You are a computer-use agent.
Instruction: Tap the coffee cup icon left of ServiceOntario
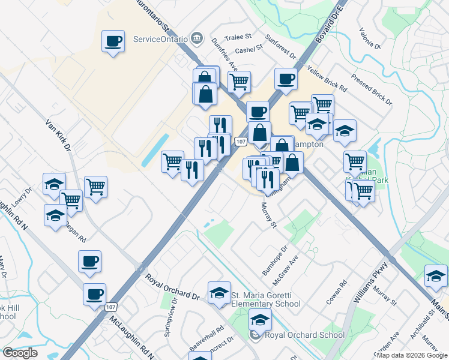(113, 41)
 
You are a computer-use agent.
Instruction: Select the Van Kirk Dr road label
(59, 134)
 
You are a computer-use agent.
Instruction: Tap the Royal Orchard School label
(296, 335)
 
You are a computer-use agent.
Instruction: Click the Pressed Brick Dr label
(372, 89)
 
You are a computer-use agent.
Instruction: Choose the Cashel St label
(250, 50)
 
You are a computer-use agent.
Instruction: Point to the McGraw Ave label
(286, 268)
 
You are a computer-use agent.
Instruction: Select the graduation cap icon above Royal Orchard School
(260, 319)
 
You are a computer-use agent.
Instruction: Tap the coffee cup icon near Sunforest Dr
(286, 78)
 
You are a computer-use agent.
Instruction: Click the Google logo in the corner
(20, 353)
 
